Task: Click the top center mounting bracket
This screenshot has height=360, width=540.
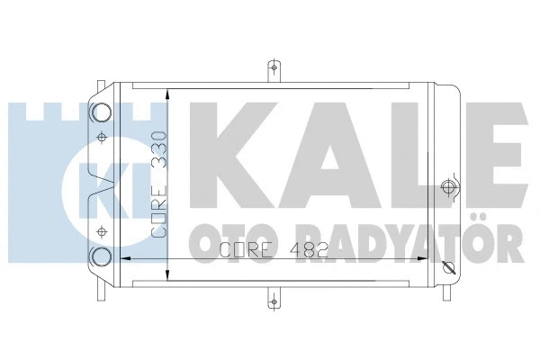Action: pos(274,69)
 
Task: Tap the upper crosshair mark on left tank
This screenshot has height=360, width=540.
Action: pos(101,137)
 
